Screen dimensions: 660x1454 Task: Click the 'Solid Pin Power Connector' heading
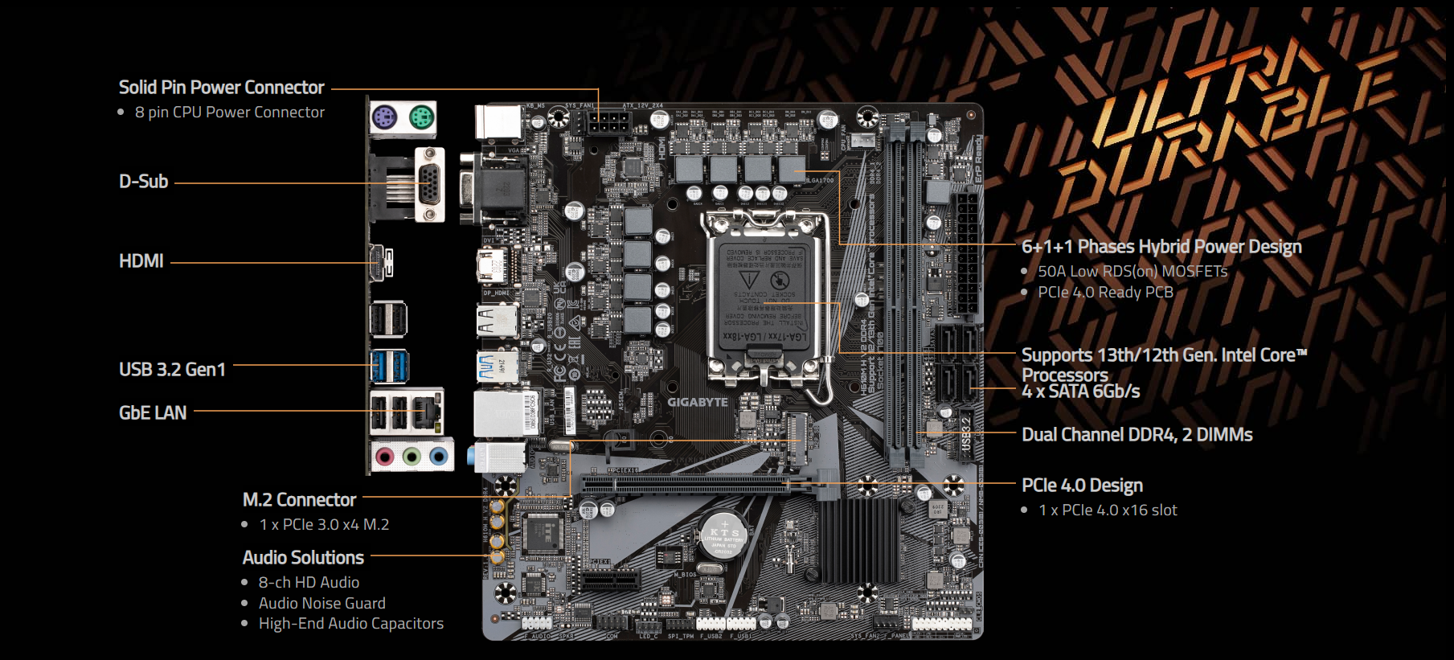coord(221,88)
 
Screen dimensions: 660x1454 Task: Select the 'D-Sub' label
coord(144,182)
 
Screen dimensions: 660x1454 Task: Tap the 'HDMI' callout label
coord(141,261)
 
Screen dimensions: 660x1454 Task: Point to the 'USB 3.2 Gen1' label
coord(172,370)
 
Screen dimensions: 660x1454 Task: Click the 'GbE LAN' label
coord(153,413)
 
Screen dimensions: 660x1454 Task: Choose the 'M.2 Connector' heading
coord(299,500)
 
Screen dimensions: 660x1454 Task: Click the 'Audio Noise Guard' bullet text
coord(322,603)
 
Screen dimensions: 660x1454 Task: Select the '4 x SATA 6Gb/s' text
coord(1080,392)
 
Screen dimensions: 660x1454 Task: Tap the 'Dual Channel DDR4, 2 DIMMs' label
coord(1137,435)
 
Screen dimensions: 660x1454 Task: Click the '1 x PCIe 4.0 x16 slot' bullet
coord(1108,510)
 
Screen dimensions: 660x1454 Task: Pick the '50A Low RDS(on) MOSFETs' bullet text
coord(1132,272)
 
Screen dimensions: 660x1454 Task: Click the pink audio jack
coord(386,457)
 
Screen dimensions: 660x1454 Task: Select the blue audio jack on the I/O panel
coord(438,457)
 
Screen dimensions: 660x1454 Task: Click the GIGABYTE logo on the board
coord(697,402)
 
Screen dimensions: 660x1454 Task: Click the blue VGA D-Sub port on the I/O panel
coord(430,184)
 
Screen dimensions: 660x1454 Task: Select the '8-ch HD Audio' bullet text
coord(309,583)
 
